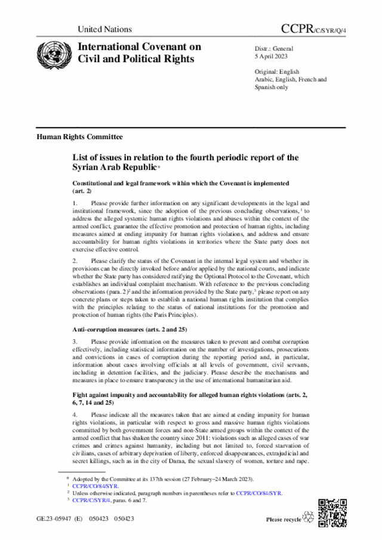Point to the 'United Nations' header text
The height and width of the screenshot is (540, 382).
click(x=104, y=29)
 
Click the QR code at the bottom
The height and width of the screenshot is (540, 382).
click(x=331, y=512)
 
